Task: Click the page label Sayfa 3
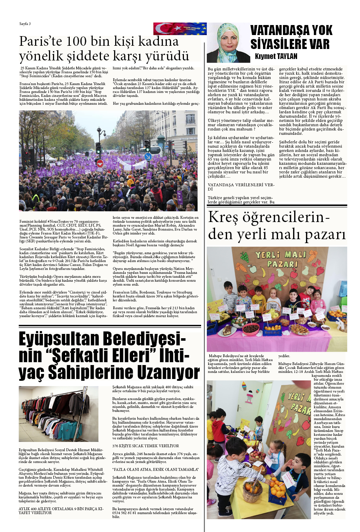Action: [x=25, y=24]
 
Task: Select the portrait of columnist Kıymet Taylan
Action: [x=229, y=43]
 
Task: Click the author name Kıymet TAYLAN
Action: [x=276, y=56]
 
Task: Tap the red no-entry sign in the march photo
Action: [x=100, y=163]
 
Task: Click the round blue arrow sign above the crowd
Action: [x=148, y=157]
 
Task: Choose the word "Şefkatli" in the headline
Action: [x=81, y=355]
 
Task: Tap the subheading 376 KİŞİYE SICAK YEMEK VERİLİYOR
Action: [x=146, y=446]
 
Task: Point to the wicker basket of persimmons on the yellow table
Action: [x=253, y=489]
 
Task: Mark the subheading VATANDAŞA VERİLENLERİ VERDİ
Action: [x=240, y=187]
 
